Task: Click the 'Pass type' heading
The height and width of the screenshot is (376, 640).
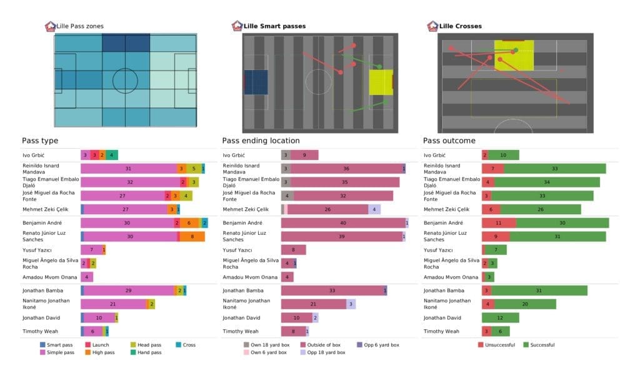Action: coord(40,141)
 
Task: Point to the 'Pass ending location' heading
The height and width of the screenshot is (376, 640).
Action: coord(261,141)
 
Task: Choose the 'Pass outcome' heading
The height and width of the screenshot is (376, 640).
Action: coord(449,141)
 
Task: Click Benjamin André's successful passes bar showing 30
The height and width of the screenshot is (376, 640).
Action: coord(562,223)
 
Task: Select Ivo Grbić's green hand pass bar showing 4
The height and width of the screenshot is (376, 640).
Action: coord(111,155)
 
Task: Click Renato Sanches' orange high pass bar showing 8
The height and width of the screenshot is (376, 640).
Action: coord(192,237)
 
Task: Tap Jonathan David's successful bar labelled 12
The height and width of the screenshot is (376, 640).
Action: coord(500,318)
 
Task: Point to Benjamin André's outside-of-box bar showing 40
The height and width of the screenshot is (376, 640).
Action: coord(343,223)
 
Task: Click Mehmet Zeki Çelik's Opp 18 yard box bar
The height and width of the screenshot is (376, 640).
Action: coord(374,209)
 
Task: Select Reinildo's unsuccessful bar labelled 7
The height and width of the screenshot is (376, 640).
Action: coord(492,169)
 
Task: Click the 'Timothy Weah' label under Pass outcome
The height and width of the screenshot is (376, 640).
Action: coord(441,332)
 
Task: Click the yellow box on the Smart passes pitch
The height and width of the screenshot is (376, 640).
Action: coord(381,82)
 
